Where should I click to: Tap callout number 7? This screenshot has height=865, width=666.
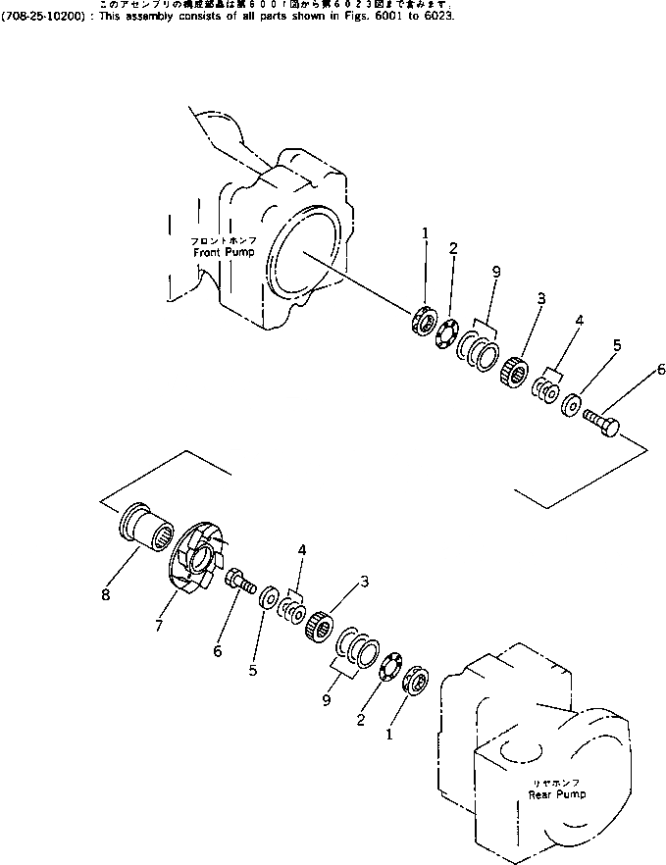coord(159,625)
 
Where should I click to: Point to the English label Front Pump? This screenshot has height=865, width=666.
coord(223,252)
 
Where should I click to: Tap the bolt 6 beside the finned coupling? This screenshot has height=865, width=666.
coord(239,583)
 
